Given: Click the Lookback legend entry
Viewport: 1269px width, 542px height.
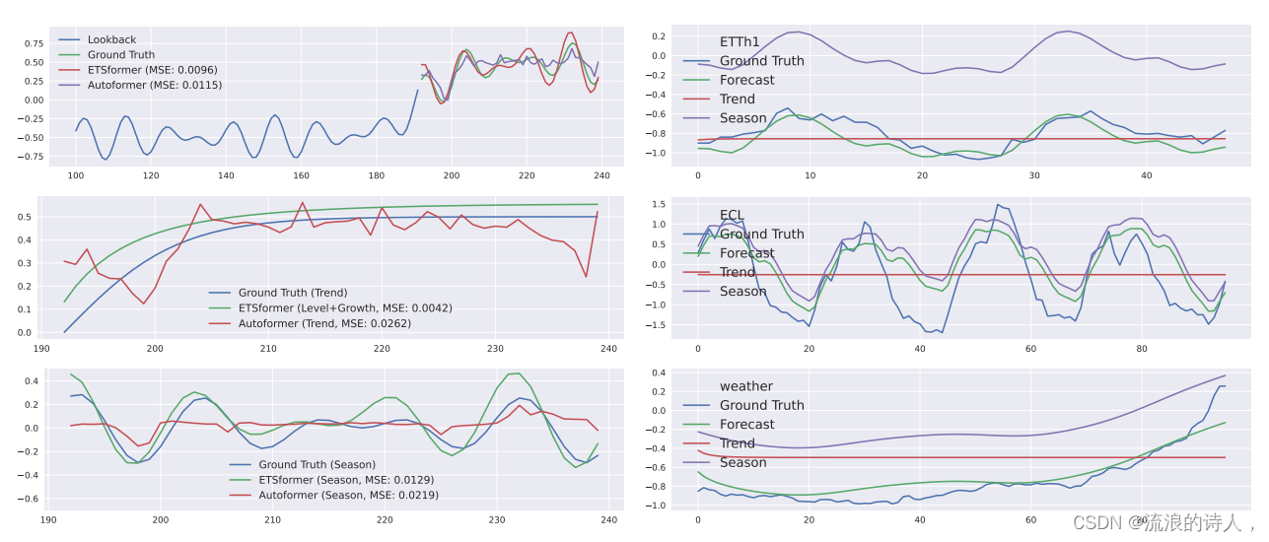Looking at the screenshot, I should (111, 39).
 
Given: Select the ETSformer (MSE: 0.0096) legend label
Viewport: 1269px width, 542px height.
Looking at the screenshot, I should (152, 70).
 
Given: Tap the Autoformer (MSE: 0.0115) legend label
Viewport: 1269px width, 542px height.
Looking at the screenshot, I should (155, 85).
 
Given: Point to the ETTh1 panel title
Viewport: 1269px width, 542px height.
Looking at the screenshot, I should (740, 41).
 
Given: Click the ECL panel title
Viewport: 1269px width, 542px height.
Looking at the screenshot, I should (732, 215).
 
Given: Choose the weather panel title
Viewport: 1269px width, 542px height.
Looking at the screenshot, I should (745, 386).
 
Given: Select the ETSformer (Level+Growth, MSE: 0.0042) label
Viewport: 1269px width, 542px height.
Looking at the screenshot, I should (345, 307).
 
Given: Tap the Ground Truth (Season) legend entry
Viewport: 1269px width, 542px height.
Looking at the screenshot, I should (317, 464).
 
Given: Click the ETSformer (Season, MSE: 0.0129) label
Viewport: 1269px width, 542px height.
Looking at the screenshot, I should (346, 480).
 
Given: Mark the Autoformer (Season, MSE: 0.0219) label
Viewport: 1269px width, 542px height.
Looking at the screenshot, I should (348, 495).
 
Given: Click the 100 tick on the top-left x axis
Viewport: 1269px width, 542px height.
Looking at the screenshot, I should (76, 175).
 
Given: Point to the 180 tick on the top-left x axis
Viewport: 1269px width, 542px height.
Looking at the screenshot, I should (377, 175).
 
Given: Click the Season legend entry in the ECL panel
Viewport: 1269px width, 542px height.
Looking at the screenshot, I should (742, 291).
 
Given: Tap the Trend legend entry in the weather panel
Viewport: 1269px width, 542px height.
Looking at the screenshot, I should (737, 443).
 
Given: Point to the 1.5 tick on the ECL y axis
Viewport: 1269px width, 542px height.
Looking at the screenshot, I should (659, 204).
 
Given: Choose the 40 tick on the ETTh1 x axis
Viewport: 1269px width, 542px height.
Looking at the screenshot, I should (1147, 175).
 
